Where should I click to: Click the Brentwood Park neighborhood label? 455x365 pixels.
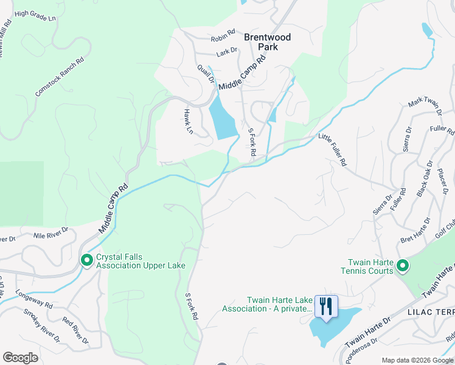tap(267, 41)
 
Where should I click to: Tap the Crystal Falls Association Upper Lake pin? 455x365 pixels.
tap(87, 260)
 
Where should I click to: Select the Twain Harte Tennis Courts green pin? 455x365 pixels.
tap(402, 265)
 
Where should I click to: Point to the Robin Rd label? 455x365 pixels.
tap(223, 36)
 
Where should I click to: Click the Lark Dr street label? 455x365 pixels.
tap(226, 52)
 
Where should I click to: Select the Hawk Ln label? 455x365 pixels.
tap(189, 122)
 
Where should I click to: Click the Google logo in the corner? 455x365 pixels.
tap(20, 358)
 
